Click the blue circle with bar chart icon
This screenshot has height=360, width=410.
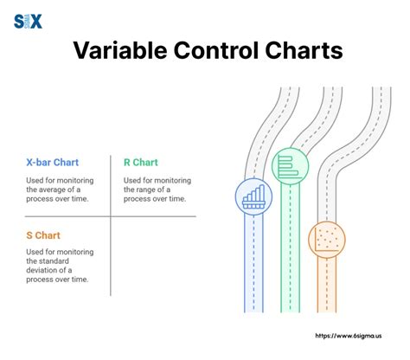pyautogui.click(x=253, y=197)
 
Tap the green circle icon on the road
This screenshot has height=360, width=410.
pyautogui.click(x=290, y=166)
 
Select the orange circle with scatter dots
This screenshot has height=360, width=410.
pyautogui.click(x=327, y=236)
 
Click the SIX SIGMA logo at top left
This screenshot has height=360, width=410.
pyautogui.click(x=29, y=21)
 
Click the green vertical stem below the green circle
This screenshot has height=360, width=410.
pyautogui.click(x=290, y=251)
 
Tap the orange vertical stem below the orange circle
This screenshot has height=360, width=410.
pyautogui.click(x=327, y=286)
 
